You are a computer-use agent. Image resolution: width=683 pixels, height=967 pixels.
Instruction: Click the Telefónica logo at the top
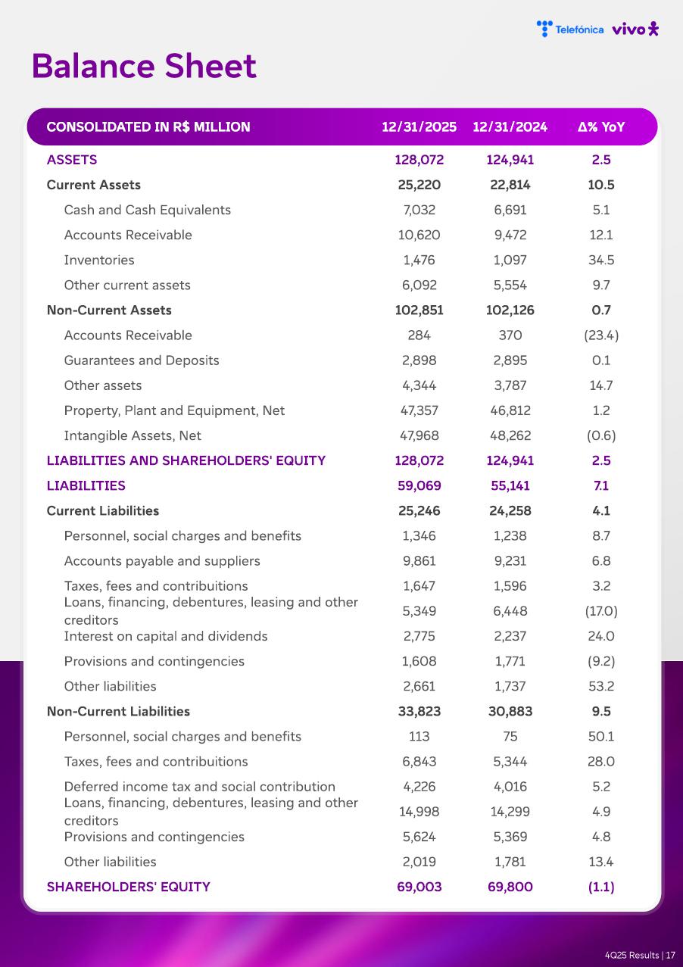click(570, 29)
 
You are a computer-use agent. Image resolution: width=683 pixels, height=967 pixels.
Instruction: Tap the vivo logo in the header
click(635, 29)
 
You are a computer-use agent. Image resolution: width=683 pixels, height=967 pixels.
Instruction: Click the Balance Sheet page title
click(144, 67)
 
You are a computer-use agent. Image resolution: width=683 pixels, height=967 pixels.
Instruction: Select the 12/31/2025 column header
click(419, 126)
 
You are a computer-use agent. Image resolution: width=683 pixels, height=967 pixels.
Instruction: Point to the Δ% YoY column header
click(601, 126)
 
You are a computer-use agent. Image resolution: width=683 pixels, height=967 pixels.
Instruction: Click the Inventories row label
click(99, 260)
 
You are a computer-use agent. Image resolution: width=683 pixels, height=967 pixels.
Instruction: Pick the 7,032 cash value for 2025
click(419, 210)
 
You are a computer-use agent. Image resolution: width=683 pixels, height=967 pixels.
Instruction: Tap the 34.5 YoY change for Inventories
click(601, 260)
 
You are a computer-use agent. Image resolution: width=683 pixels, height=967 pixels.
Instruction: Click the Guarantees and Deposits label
click(142, 360)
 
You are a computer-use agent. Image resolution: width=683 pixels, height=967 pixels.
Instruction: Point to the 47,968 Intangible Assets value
click(419, 435)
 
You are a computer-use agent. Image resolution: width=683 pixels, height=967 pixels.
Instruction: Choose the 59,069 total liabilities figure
click(419, 485)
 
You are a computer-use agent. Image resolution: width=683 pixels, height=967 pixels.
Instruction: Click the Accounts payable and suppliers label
click(162, 560)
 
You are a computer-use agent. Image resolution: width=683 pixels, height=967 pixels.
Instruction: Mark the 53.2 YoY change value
click(601, 686)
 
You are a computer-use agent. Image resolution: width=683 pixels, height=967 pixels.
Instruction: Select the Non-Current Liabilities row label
click(118, 711)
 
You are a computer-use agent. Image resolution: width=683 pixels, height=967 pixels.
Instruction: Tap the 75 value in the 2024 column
click(510, 736)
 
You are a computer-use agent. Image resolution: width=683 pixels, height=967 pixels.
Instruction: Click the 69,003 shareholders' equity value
click(419, 887)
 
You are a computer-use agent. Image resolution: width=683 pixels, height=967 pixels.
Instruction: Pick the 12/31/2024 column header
click(510, 126)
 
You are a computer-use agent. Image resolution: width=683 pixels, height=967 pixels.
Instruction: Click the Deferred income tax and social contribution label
click(200, 786)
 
